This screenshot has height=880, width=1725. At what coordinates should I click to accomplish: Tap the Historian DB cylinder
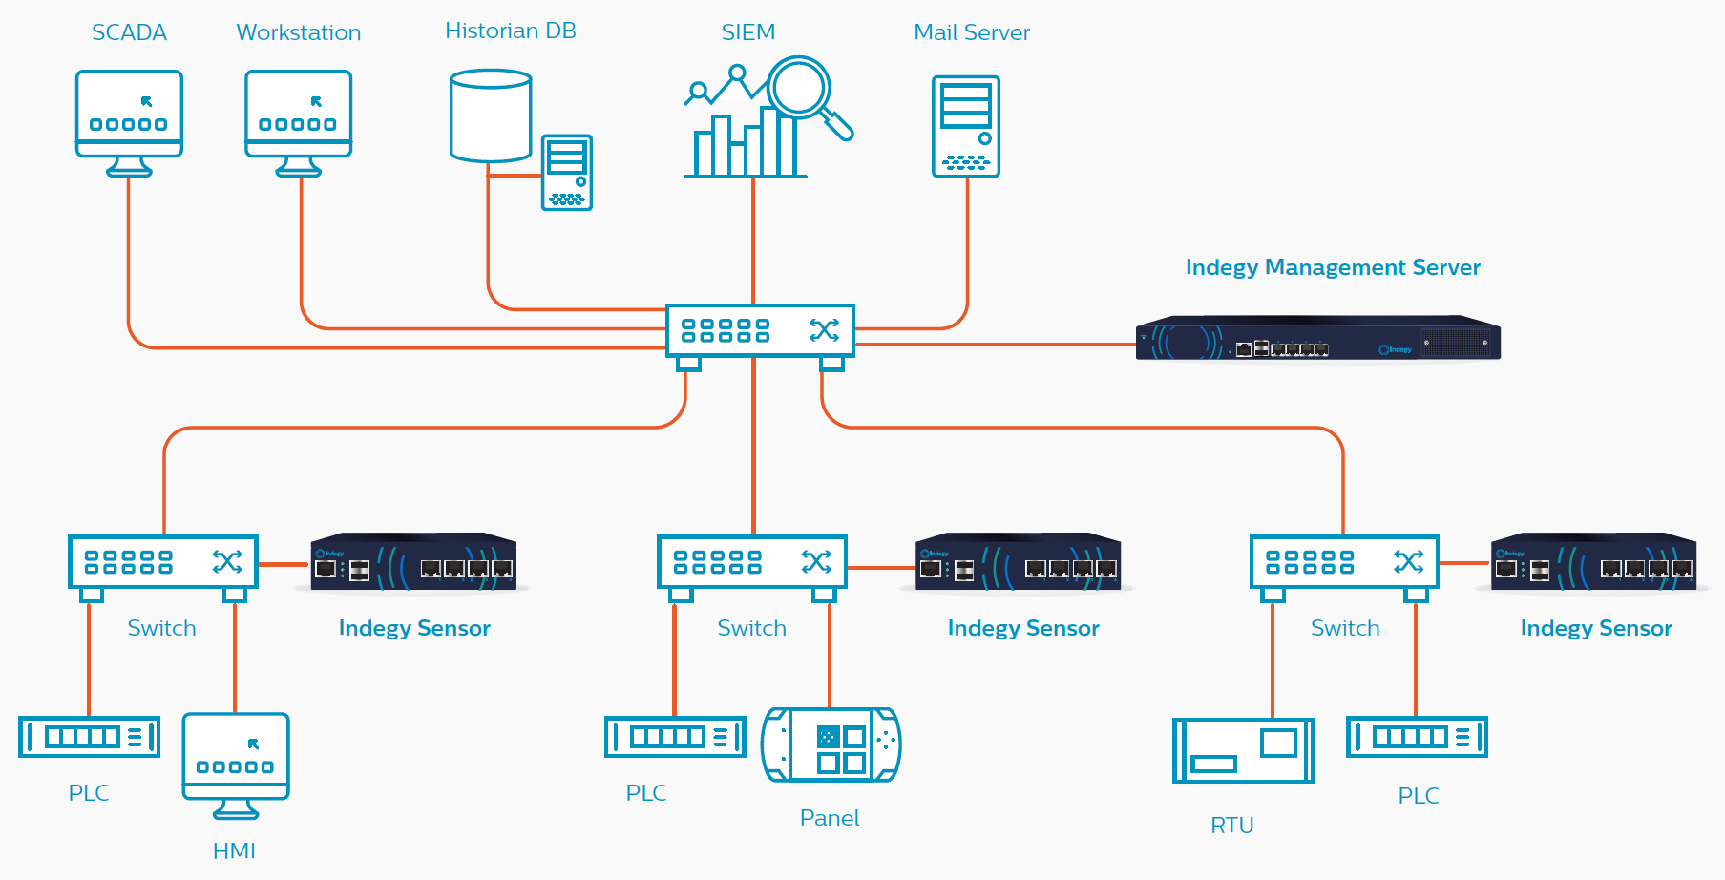491,115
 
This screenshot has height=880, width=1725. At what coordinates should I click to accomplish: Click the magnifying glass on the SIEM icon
802,89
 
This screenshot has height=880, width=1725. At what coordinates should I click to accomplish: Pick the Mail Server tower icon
966,127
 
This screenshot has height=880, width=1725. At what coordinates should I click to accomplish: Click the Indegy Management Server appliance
1317,339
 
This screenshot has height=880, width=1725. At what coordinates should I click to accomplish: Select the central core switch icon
759,331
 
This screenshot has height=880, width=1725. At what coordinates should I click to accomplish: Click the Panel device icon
831,744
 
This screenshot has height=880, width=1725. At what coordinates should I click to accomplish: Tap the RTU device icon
1243,750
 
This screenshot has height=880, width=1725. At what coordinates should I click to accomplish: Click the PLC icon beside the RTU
1417,737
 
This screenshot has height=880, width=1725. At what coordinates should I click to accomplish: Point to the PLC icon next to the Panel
675,737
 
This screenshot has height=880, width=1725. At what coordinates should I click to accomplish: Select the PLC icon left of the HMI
89,737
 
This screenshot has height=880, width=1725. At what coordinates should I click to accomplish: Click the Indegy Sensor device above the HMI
413,562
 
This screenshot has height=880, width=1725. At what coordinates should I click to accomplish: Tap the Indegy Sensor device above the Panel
1018,562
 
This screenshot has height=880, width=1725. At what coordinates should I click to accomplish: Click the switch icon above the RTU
1344,563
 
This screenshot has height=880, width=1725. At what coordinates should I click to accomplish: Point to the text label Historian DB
511,31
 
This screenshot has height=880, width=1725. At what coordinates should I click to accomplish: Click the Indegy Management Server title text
1333,267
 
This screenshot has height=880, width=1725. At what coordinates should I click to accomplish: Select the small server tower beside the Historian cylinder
567,172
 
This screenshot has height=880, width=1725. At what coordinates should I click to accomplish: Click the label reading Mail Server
972,32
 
